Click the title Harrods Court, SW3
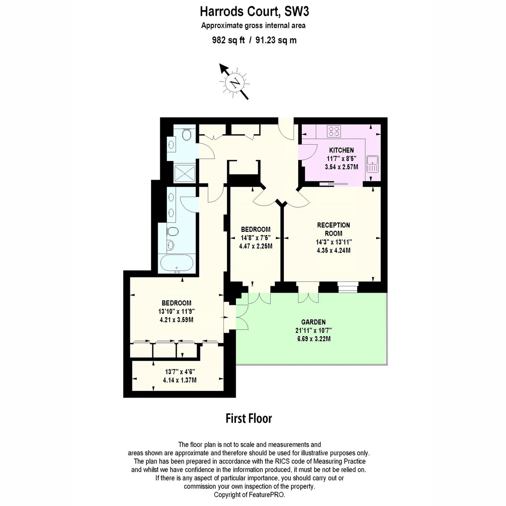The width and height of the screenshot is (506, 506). [x=254, y=12]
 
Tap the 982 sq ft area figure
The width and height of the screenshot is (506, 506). [x=228, y=40]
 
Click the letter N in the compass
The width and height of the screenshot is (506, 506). [x=235, y=83]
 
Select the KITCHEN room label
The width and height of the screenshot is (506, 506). [x=342, y=150]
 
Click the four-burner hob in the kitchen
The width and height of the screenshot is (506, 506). [x=334, y=131]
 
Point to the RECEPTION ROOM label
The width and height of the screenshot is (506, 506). [x=334, y=229]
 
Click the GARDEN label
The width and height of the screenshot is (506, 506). [x=314, y=322]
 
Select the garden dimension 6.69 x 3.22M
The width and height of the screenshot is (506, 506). [x=314, y=339]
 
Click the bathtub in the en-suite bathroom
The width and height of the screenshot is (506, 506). [x=177, y=264]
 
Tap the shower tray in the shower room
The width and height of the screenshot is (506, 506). [x=185, y=173]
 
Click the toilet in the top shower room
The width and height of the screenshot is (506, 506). [x=187, y=135]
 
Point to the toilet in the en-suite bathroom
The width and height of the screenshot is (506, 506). [x=173, y=231]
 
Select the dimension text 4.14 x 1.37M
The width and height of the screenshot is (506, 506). [x=180, y=380]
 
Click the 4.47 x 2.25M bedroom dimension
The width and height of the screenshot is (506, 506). [x=256, y=246]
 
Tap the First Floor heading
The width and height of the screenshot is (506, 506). [x=249, y=419]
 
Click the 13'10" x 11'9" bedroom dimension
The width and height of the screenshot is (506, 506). [x=176, y=312]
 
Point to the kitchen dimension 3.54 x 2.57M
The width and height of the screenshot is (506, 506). [x=342, y=167]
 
